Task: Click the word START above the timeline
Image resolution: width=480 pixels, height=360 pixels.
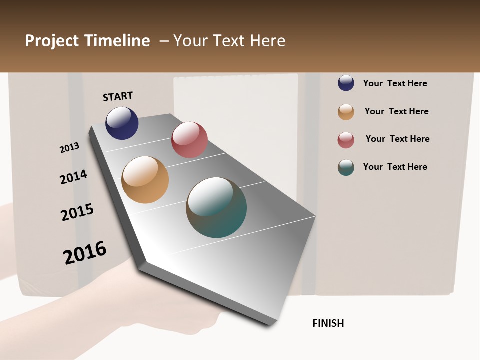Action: pyautogui.click(x=118, y=96)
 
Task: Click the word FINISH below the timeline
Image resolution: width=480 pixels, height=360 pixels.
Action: pyautogui.click(x=328, y=323)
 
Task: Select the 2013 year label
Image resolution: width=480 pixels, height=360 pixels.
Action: pyautogui.click(x=70, y=148)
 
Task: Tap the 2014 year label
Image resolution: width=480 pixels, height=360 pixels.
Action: pyautogui.click(x=73, y=177)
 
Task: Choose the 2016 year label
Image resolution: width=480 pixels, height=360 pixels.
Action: pyautogui.click(x=85, y=252)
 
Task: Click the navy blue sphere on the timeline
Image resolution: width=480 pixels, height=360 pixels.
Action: pyautogui.click(x=122, y=123)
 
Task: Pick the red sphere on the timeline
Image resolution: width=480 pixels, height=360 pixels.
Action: pyautogui.click(x=189, y=140)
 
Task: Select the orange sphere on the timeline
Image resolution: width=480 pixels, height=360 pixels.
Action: pyautogui.click(x=145, y=180)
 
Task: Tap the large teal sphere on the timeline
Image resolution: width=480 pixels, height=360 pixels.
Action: pyautogui.click(x=216, y=207)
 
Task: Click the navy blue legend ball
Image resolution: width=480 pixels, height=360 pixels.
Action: pyautogui.click(x=346, y=83)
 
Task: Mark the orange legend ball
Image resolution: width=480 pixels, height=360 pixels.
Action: pyautogui.click(x=346, y=112)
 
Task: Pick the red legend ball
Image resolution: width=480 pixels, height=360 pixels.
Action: pyautogui.click(x=346, y=140)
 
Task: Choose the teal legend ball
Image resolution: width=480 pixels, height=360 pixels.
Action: pyautogui.click(x=346, y=167)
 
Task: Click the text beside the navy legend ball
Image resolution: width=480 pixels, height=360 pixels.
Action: pyautogui.click(x=395, y=83)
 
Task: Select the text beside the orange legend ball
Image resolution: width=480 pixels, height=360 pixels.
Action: pyautogui.click(x=396, y=111)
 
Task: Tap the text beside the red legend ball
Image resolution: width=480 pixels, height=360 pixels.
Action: pyautogui.click(x=397, y=139)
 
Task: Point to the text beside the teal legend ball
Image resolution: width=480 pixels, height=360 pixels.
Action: pyautogui.click(x=395, y=167)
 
